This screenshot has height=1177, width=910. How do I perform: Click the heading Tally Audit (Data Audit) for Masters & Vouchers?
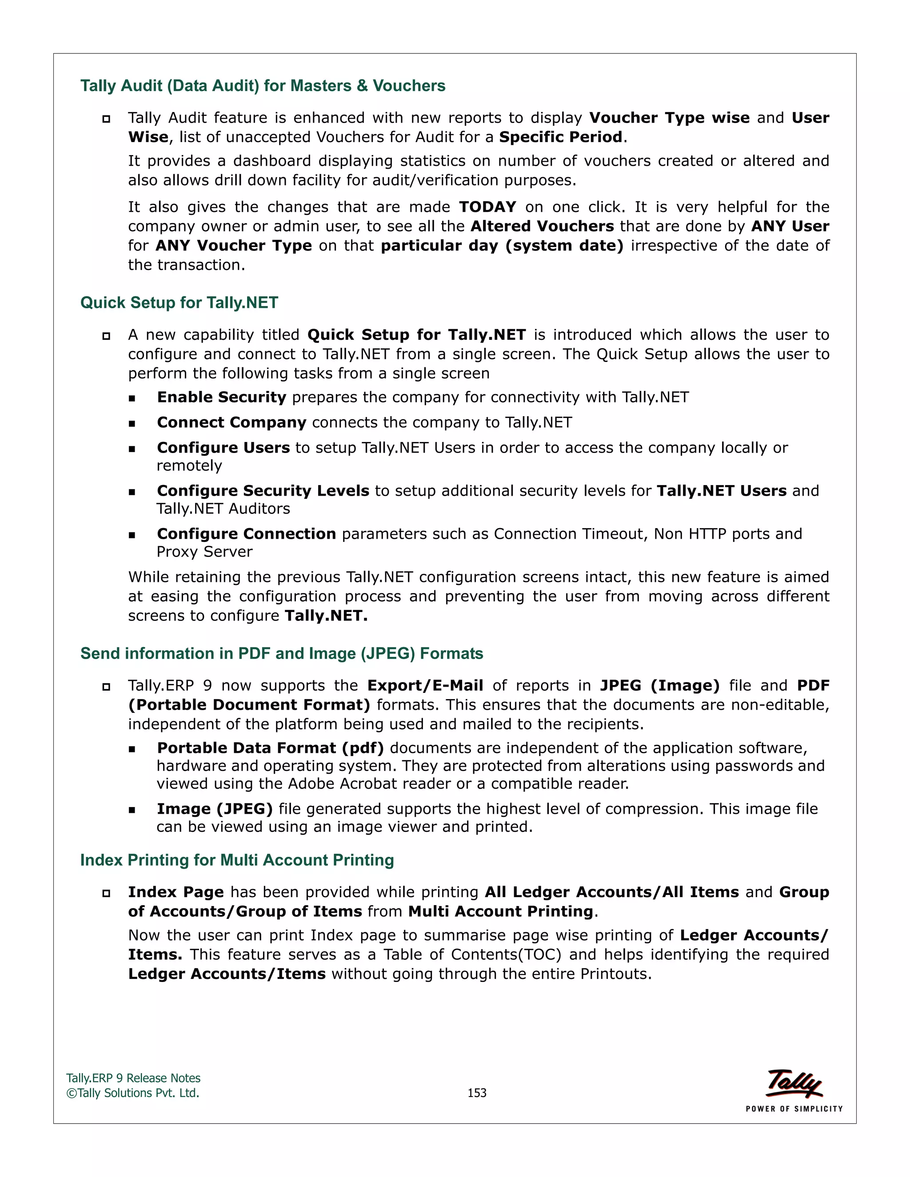[263, 86]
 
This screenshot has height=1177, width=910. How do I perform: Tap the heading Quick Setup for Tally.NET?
[179, 303]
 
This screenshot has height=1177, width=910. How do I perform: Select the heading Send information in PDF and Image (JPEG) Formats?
[281, 654]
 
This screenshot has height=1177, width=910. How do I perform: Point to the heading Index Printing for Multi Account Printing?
[237, 860]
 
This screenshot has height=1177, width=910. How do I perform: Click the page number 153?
[477, 1093]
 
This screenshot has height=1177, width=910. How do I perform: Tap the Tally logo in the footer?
[794, 1084]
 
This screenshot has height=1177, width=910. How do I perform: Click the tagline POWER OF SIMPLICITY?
[794, 1109]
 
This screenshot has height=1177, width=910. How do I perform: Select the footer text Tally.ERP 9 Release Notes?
[133, 1078]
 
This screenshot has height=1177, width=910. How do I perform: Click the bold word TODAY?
[487, 207]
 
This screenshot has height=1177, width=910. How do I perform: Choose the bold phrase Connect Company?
[231, 422]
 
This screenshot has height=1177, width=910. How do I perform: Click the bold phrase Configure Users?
[223, 448]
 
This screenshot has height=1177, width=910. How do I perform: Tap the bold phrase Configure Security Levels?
[263, 491]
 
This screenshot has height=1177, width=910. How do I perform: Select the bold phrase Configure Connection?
[246, 534]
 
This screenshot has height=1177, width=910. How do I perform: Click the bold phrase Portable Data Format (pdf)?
[270, 748]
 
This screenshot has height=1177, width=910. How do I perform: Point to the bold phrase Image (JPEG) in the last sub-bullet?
[215, 809]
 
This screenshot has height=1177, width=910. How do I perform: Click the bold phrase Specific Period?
[561, 137]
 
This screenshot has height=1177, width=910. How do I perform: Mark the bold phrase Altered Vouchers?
[542, 227]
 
